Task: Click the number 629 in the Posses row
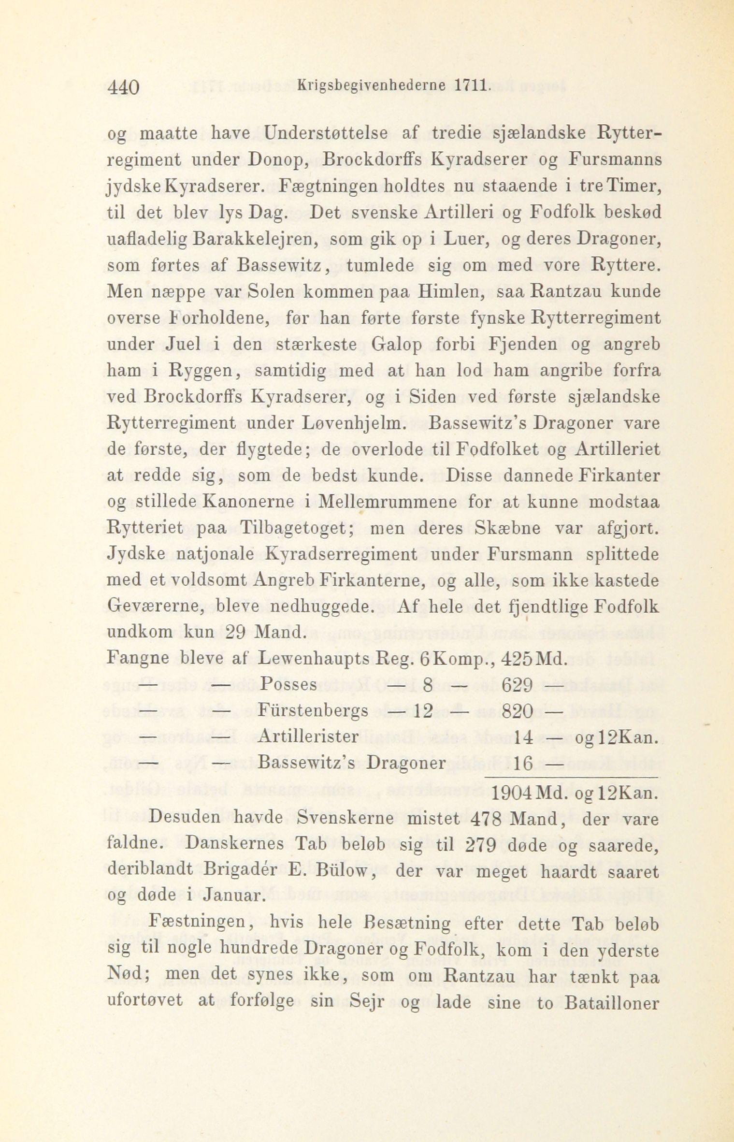tap(518, 685)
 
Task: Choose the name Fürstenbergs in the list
tap(314, 711)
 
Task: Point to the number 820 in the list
tap(518, 711)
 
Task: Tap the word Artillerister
tap(308, 737)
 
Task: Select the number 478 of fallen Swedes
tap(485, 820)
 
